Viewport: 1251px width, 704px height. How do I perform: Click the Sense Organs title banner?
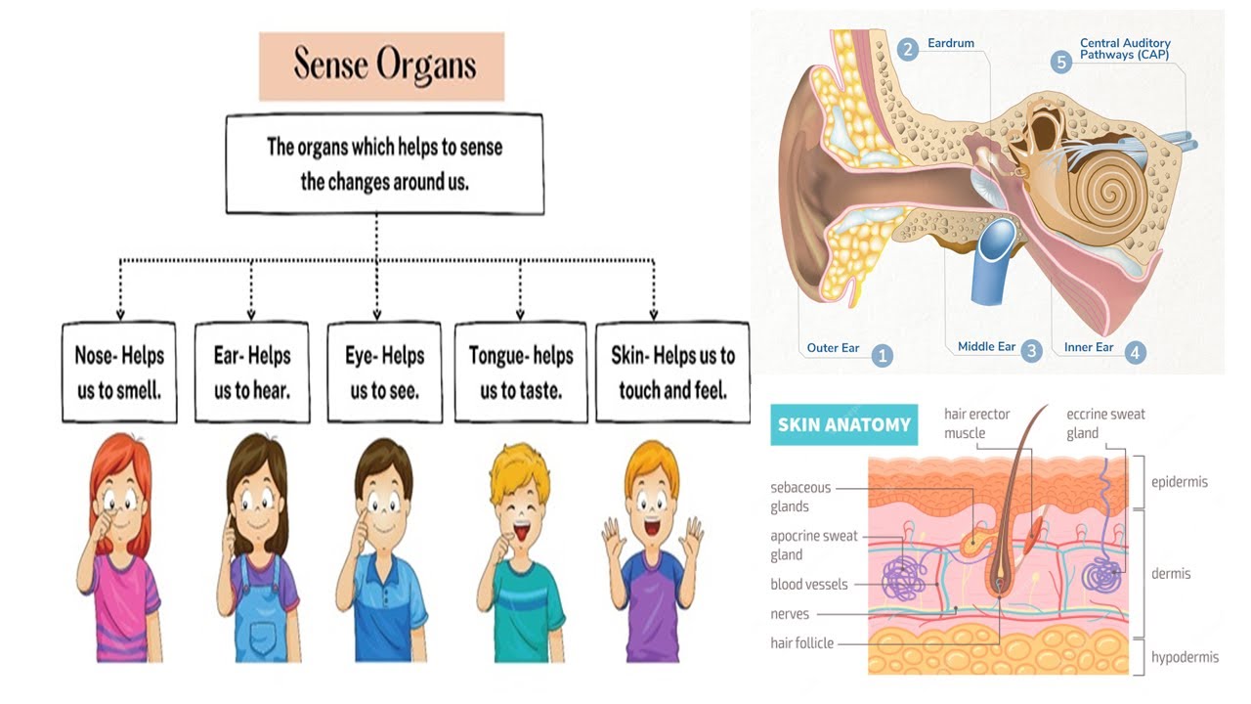pos(381,66)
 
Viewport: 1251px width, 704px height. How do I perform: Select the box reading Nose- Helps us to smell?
pos(119,373)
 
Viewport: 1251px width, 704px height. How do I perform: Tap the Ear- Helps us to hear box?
pos(252,373)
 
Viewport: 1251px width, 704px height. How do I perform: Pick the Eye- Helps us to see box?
pos(385,373)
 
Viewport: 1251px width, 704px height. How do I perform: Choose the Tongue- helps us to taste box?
pos(521,373)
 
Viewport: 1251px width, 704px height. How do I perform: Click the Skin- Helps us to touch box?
pos(672,373)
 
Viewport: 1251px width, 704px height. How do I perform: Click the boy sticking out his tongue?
pos(519,552)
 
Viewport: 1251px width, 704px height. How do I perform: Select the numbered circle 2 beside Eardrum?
pos(908,49)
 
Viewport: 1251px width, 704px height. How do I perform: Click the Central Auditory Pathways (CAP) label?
pos(1124,49)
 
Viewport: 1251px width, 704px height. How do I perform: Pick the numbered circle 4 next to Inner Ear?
pos(1135,353)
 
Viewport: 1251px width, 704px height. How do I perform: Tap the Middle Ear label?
pos(986,347)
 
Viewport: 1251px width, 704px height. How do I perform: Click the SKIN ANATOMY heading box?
pos(843,424)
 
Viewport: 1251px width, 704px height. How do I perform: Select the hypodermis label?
pos(1185,657)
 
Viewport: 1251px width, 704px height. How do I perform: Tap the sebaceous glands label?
pos(800,497)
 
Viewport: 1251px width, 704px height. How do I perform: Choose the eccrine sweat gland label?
pos(1104,423)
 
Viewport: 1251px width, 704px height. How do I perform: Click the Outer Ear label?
pos(833,347)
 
